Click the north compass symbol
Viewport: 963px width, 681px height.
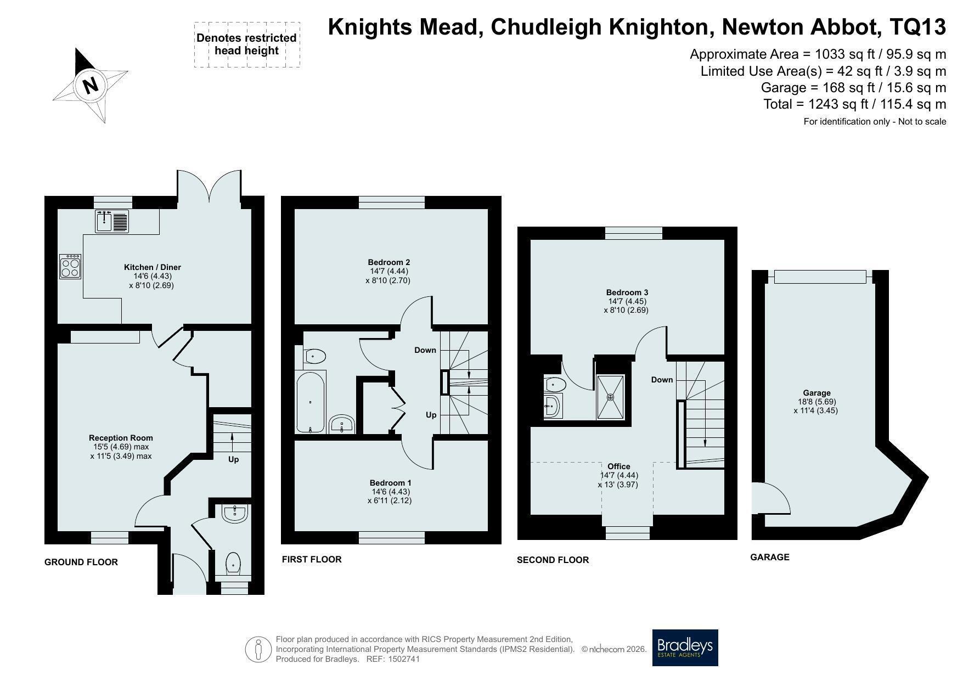90,85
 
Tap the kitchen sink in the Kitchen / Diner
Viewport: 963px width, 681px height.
112,221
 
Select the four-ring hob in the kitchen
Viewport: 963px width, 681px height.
71,266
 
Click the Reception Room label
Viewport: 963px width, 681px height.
121,438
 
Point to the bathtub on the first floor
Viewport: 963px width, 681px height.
311,402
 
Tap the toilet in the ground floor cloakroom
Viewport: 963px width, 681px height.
234,563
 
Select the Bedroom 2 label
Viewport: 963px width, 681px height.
388,262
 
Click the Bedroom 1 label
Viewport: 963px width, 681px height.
390,483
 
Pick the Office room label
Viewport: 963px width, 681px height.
618,466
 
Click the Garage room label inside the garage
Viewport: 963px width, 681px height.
816,393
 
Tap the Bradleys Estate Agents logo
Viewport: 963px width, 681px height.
685,648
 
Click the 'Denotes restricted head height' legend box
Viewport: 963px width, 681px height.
247,44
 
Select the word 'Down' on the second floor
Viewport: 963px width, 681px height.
662,380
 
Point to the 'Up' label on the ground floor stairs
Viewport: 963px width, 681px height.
233,459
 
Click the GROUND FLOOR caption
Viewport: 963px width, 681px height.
81,562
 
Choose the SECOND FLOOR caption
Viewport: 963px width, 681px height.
553,560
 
